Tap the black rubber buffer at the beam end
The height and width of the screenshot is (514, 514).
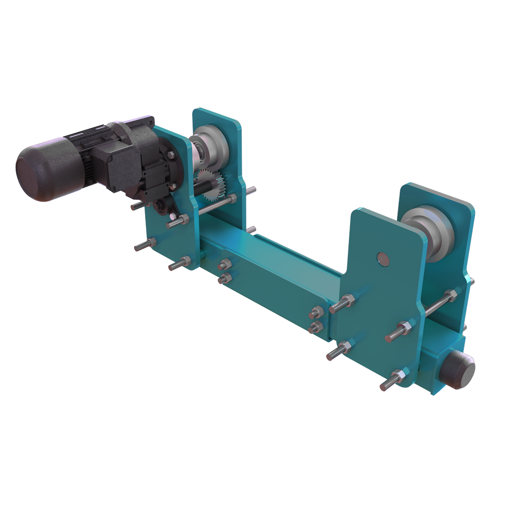click(457, 368)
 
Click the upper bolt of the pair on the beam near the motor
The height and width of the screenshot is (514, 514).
click(225, 266)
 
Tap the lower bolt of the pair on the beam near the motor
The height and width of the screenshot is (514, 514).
click(225, 278)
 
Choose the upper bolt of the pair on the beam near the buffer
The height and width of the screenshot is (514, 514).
click(315, 313)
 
